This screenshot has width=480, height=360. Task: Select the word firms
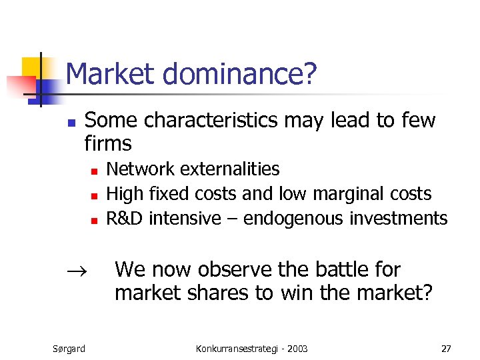coord(108,143)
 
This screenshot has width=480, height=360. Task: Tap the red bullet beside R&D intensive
coord(94,220)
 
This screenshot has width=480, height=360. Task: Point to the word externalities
coord(233,169)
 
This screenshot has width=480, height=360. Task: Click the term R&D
coord(125,218)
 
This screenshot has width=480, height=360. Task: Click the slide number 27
coord(446,348)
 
